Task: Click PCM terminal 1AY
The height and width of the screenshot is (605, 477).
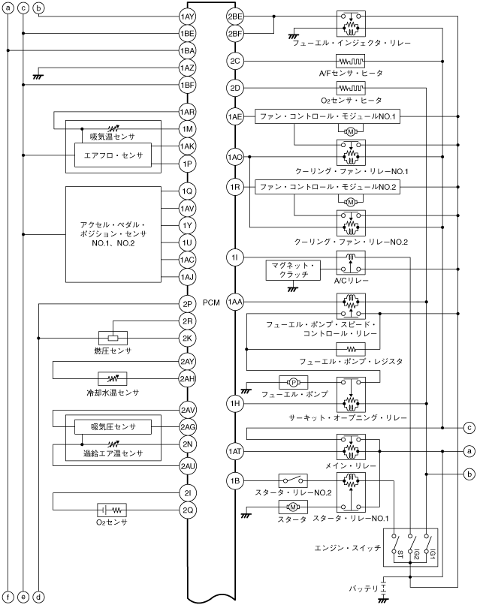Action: tap(187, 17)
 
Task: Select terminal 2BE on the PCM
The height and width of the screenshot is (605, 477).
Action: tap(234, 17)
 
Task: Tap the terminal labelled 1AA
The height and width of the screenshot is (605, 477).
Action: tap(234, 301)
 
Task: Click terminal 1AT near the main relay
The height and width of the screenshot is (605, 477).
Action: tap(234, 451)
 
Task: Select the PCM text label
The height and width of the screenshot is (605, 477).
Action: tap(211, 302)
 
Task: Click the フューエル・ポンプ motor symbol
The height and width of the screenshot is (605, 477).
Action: tap(289, 382)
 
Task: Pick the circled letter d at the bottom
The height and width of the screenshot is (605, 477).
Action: tap(38, 597)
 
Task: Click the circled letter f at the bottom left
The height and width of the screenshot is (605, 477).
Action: tap(8, 597)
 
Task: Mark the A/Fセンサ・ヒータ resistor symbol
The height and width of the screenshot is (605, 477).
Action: tap(350, 61)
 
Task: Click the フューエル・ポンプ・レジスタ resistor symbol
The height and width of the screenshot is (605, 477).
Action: tap(350, 348)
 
